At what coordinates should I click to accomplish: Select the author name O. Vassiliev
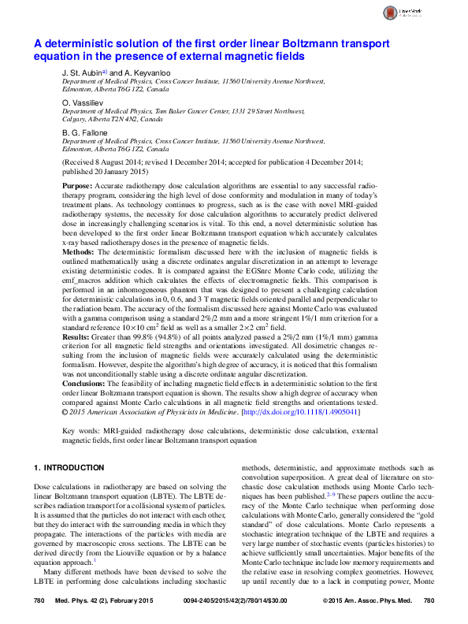pos(83,103)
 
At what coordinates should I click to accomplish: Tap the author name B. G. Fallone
pos(84,133)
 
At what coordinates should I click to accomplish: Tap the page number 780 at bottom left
pos(38,601)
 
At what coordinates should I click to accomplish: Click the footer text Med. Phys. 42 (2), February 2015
pos(102,601)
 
